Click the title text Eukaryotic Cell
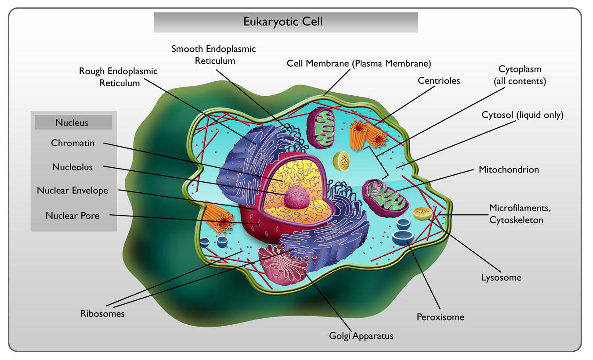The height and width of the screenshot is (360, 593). coord(283,22)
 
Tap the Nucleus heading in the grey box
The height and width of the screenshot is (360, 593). coord(72,123)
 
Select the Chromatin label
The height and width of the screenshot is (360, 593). coord(73,143)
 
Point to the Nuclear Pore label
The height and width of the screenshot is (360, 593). coord(72,216)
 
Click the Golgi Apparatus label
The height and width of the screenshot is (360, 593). coord(361,336)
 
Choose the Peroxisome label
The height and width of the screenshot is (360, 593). coord(441,317)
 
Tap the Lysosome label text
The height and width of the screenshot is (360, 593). coord(501,277)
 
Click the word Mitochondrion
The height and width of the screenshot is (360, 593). coord(509,169)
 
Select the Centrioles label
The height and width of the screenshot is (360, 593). coord(439,81)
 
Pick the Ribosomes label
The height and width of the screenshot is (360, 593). coord(102,313)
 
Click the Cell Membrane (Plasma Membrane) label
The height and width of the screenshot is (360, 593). coord(359,64)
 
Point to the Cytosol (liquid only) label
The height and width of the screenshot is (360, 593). coord(522,115)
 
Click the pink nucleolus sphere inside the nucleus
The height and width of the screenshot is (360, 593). coord(297,197)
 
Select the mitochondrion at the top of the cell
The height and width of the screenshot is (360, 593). coord(321,128)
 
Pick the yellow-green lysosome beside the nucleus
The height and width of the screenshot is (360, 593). coord(341,161)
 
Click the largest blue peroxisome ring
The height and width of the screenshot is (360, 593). coord(403,238)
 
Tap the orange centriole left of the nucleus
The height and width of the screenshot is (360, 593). coord(218,217)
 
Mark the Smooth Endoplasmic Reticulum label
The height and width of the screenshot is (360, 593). coord(213,55)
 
